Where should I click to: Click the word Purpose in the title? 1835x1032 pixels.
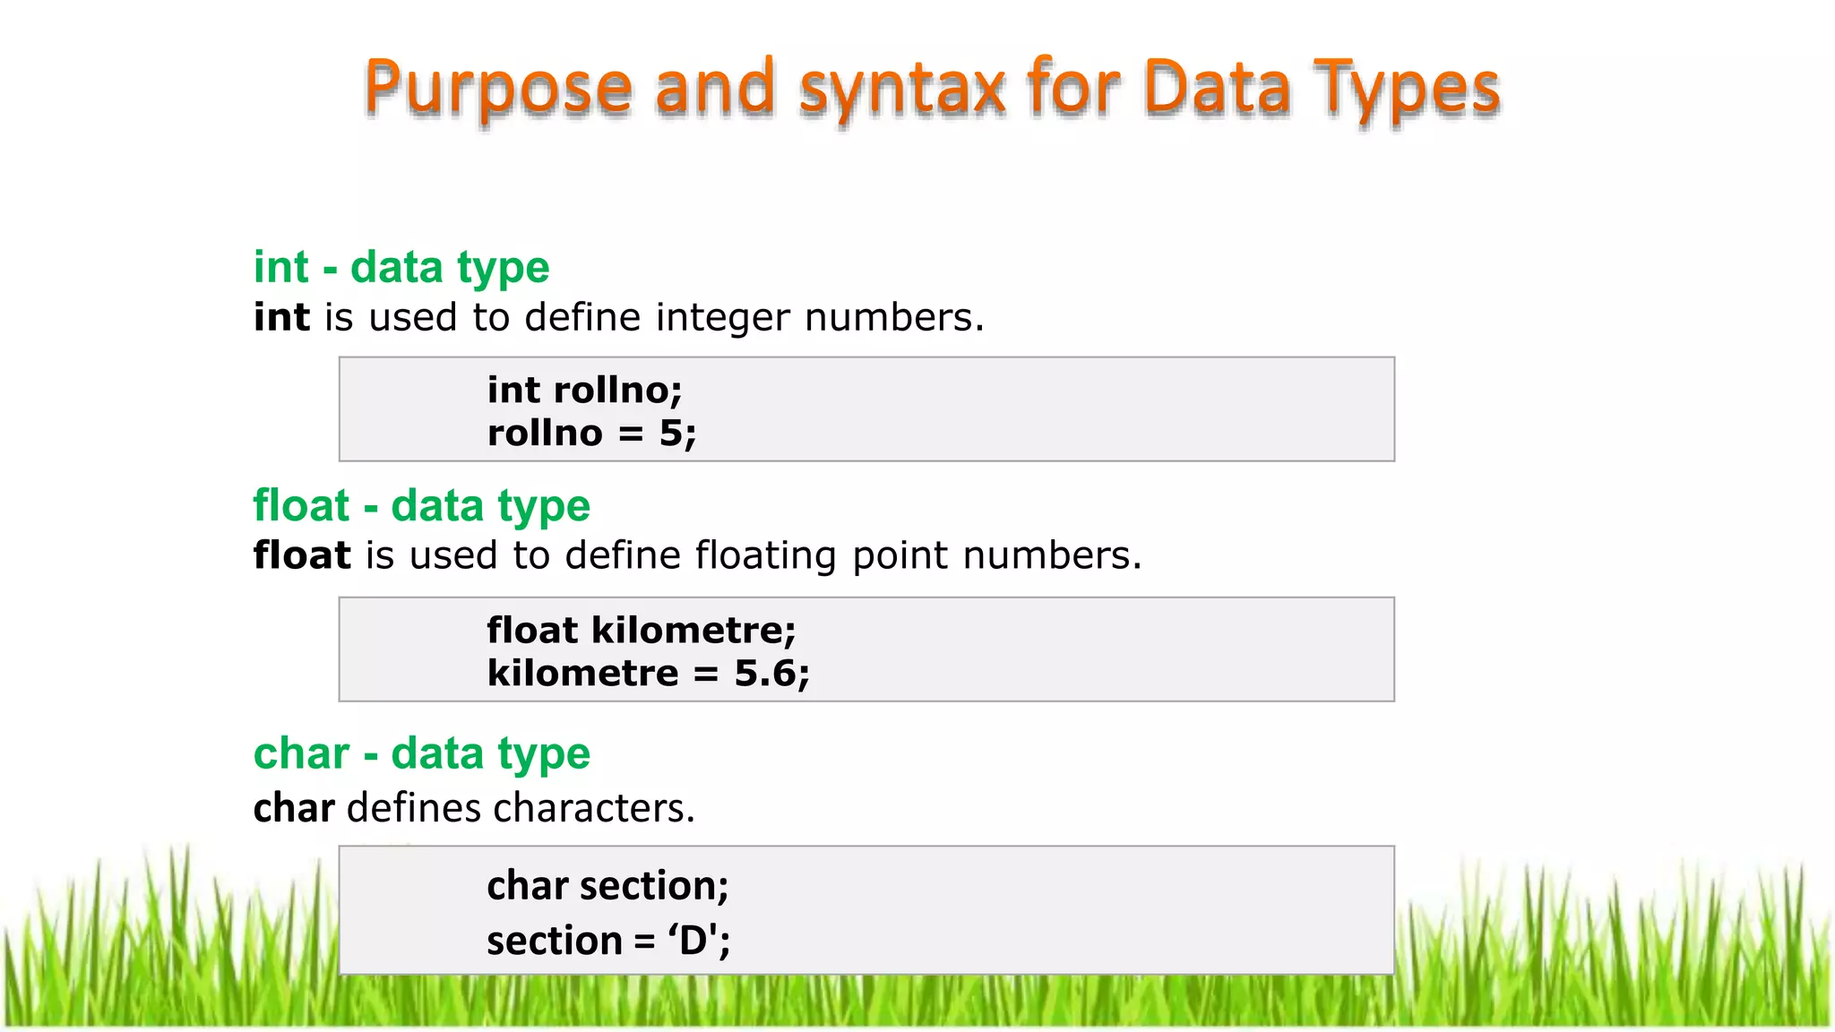(x=498, y=88)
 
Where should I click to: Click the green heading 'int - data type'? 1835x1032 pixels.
(x=401, y=268)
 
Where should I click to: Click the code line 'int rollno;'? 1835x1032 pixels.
(x=584, y=391)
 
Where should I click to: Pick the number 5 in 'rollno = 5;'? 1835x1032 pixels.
(x=671, y=434)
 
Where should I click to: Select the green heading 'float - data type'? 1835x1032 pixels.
(x=422, y=506)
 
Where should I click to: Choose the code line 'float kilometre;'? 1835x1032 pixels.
(x=642, y=631)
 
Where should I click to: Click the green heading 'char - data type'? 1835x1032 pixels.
(x=422, y=754)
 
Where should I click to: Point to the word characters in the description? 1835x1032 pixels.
(x=593, y=808)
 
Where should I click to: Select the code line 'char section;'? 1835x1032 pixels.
(x=607, y=886)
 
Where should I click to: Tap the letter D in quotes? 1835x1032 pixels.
(x=694, y=941)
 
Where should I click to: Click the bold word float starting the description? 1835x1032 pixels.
(x=302, y=555)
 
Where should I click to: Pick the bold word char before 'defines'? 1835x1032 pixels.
(x=294, y=808)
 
